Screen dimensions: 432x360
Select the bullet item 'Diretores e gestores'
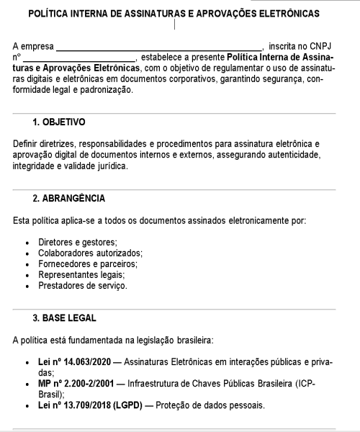point(78,243)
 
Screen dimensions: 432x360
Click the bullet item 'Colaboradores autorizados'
point(90,253)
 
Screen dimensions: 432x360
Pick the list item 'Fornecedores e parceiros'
point(87,264)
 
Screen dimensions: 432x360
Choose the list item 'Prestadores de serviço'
point(83,286)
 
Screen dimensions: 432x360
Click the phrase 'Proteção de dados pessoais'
point(217,405)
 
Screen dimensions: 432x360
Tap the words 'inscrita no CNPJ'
point(302,45)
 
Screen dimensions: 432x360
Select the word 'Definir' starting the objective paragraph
point(27,144)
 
